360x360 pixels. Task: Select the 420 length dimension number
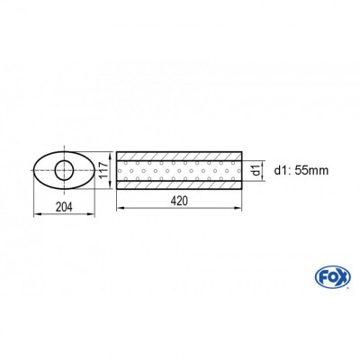click(180, 202)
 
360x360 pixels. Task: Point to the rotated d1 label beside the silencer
click(256, 169)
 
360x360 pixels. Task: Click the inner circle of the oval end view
click(65, 170)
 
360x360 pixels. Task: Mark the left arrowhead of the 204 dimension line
click(35, 213)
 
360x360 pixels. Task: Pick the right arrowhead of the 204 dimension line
click(95, 213)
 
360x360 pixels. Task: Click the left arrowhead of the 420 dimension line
click(119, 210)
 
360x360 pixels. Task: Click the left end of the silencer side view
click(117, 169)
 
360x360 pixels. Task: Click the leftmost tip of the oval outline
click(33, 170)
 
